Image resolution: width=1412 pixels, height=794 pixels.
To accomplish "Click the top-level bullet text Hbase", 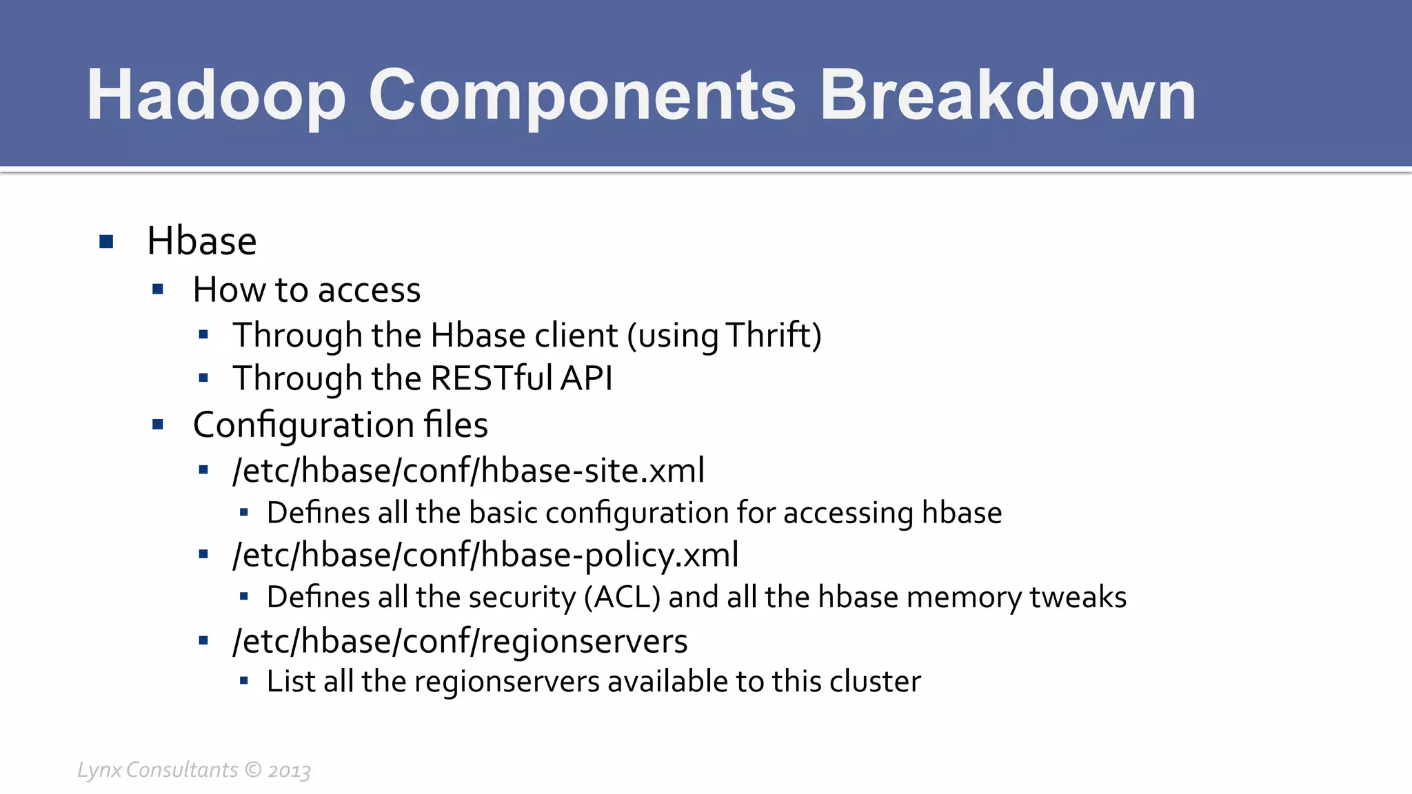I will [201, 241].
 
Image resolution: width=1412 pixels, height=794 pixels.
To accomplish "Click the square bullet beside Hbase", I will [106, 242].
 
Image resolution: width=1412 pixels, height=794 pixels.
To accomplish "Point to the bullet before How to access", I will [158, 289].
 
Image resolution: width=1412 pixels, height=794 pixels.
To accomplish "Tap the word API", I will [586, 378].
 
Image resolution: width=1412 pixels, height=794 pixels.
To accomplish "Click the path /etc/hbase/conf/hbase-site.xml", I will [468, 470].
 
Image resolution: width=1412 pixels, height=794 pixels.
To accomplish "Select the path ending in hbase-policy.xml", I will [485, 555].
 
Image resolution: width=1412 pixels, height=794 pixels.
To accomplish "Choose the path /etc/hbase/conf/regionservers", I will [460, 641].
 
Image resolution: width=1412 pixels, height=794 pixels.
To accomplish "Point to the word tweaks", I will [1078, 597].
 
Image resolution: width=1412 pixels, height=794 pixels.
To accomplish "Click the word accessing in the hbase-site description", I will [848, 513].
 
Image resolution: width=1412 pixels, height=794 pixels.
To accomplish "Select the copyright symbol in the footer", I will [253, 769].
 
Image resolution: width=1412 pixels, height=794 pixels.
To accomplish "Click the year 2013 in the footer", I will [289, 771].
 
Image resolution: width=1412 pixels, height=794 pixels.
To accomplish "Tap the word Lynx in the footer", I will [99, 770].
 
